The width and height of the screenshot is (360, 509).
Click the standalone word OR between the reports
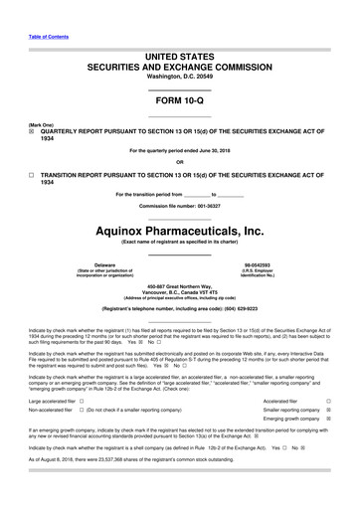(x=179, y=164)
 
